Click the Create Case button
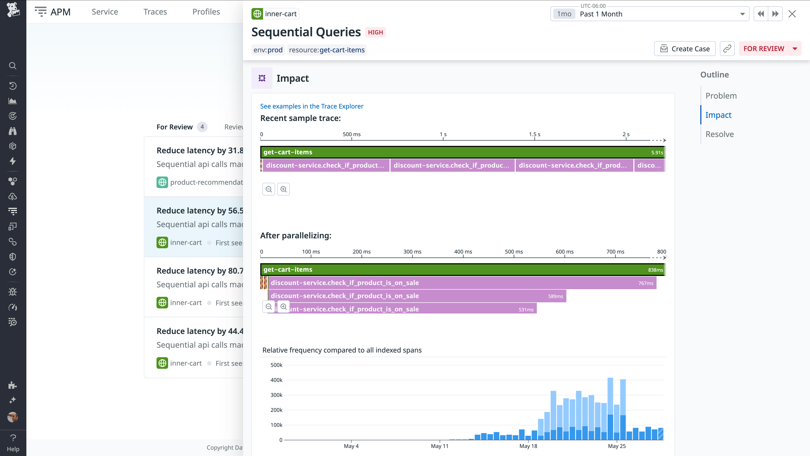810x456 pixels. tap(684, 49)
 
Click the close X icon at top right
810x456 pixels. tap(792, 14)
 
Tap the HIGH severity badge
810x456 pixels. tap(375, 33)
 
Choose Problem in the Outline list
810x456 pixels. tap(721, 96)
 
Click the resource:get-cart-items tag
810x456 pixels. tap(327, 50)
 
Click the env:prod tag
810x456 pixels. tap(268, 50)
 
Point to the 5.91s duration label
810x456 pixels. tap(657, 153)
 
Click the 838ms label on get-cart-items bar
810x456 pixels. tap(655, 270)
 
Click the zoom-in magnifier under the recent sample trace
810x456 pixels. tap(283, 189)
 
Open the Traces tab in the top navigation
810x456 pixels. tap(155, 12)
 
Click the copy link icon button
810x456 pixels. tap(727, 49)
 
